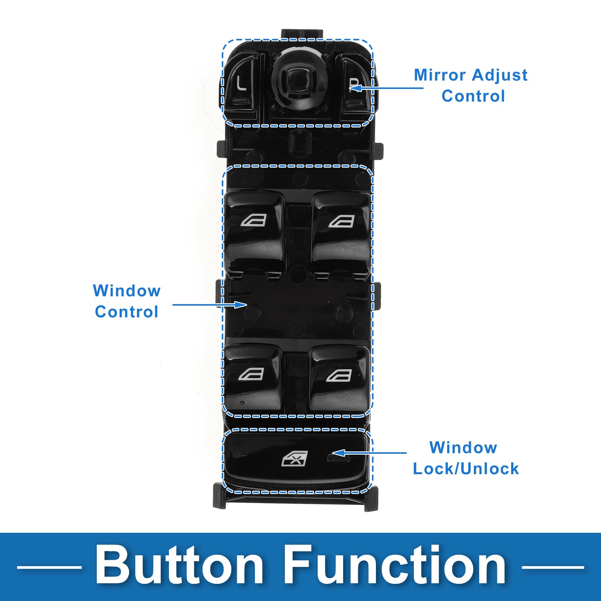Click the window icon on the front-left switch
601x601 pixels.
[x=253, y=220]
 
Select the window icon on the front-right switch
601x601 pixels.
[x=342, y=221]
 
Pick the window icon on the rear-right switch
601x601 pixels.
[x=339, y=376]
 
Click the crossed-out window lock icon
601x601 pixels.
[x=295, y=459]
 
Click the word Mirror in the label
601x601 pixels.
[x=440, y=75]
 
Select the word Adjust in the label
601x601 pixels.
[x=500, y=75]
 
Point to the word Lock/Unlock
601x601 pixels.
[x=466, y=469]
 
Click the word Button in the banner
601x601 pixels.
[x=179, y=566]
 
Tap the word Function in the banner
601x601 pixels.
[x=395, y=566]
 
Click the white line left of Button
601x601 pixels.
[x=49, y=566]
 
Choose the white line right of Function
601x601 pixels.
[x=553, y=566]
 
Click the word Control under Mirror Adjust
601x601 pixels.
[x=473, y=96]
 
